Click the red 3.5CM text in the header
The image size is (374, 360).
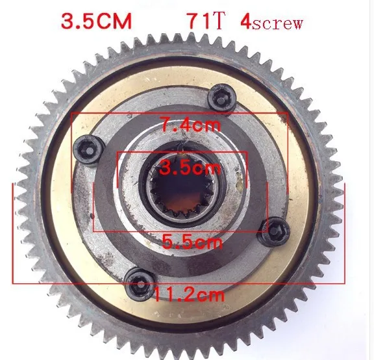(96, 21)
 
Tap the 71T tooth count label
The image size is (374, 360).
(206, 21)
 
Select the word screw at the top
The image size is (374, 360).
(277, 23)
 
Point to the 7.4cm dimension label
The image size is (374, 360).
(190, 124)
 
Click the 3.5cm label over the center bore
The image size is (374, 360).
(190, 168)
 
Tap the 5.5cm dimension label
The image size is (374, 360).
(192, 241)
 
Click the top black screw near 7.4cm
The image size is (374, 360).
(221, 97)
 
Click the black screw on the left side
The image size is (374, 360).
(88, 150)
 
